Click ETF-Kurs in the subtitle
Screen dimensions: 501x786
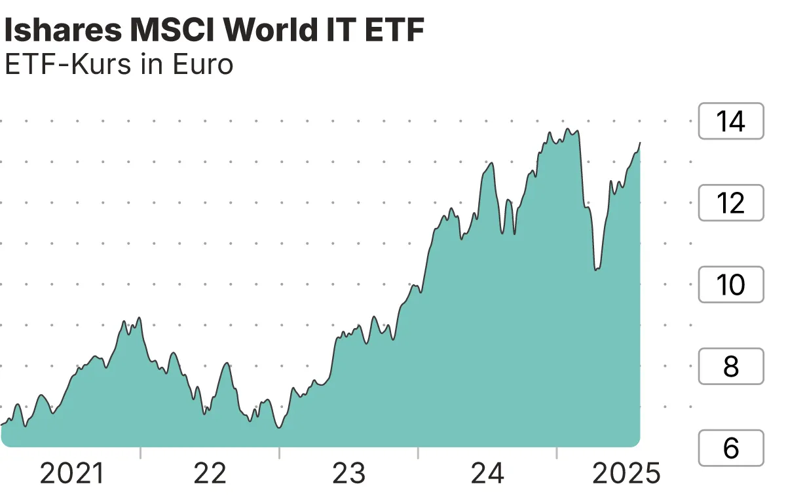click(x=73, y=65)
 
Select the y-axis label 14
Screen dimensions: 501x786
click(x=730, y=121)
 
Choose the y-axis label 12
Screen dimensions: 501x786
click(x=730, y=203)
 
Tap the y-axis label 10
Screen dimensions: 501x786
click(x=730, y=285)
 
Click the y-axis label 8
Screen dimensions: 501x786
click(x=730, y=367)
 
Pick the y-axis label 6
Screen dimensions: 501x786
click(x=730, y=448)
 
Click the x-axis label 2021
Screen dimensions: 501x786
click(x=72, y=473)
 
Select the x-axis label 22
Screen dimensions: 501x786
click(x=210, y=473)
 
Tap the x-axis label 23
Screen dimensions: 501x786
click(x=348, y=473)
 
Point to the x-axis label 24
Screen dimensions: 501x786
click(x=487, y=473)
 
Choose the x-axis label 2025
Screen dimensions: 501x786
click(x=626, y=473)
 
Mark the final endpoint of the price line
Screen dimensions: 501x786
click(x=640, y=142)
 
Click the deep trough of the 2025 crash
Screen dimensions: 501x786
click(x=596, y=269)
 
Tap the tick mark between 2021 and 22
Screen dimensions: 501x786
click(x=140, y=453)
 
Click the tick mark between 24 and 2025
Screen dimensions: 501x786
click(x=556, y=453)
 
